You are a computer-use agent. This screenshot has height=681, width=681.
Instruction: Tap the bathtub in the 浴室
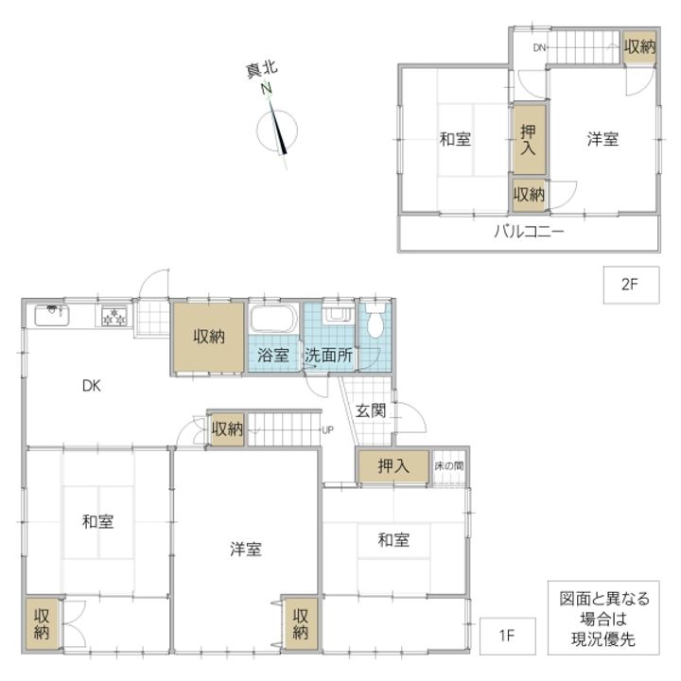[273, 320]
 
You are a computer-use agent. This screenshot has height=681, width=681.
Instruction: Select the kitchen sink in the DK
[52, 315]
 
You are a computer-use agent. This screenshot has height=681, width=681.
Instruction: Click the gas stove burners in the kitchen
[114, 316]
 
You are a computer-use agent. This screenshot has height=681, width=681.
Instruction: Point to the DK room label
[91, 386]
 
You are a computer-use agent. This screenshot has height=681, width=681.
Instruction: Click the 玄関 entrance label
[371, 410]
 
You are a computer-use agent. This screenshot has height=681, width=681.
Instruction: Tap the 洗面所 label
[328, 356]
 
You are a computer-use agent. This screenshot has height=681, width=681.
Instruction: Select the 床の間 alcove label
[448, 466]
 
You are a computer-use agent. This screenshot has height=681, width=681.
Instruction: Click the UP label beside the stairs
[327, 430]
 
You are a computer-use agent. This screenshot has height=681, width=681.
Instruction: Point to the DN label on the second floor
[539, 48]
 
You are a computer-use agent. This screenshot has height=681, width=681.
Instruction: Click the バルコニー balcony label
[529, 231]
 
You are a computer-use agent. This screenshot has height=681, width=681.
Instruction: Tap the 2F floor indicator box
[631, 285]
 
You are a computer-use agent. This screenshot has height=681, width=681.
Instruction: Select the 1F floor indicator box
[507, 636]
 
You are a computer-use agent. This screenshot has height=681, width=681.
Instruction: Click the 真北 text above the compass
[262, 70]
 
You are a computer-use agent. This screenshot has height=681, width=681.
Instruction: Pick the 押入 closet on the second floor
[529, 139]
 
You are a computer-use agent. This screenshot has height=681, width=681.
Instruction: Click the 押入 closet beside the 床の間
[393, 466]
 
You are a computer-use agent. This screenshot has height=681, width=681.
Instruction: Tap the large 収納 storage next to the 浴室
[208, 337]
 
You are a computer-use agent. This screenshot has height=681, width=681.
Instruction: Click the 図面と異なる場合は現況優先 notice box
[603, 618]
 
